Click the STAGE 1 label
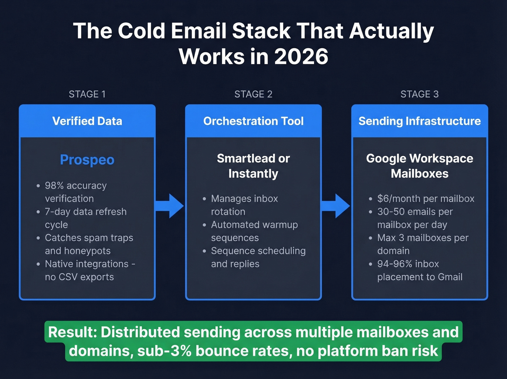[x=87, y=94]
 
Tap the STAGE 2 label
[x=253, y=94]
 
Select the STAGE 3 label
[x=419, y=94]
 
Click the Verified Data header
[x=87, y=121]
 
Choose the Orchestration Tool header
[x=253, y=121]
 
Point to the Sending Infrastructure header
[x=420, y=121]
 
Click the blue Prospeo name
[x=87, y=160]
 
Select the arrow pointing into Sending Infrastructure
[x=336, y=206]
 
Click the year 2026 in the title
[x=301, y=57]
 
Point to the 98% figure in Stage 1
[x=54, y=186]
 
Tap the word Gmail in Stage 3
[x=450, y=277]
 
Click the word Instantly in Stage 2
[x=253, y=174]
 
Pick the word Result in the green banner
[x=72, y=332]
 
